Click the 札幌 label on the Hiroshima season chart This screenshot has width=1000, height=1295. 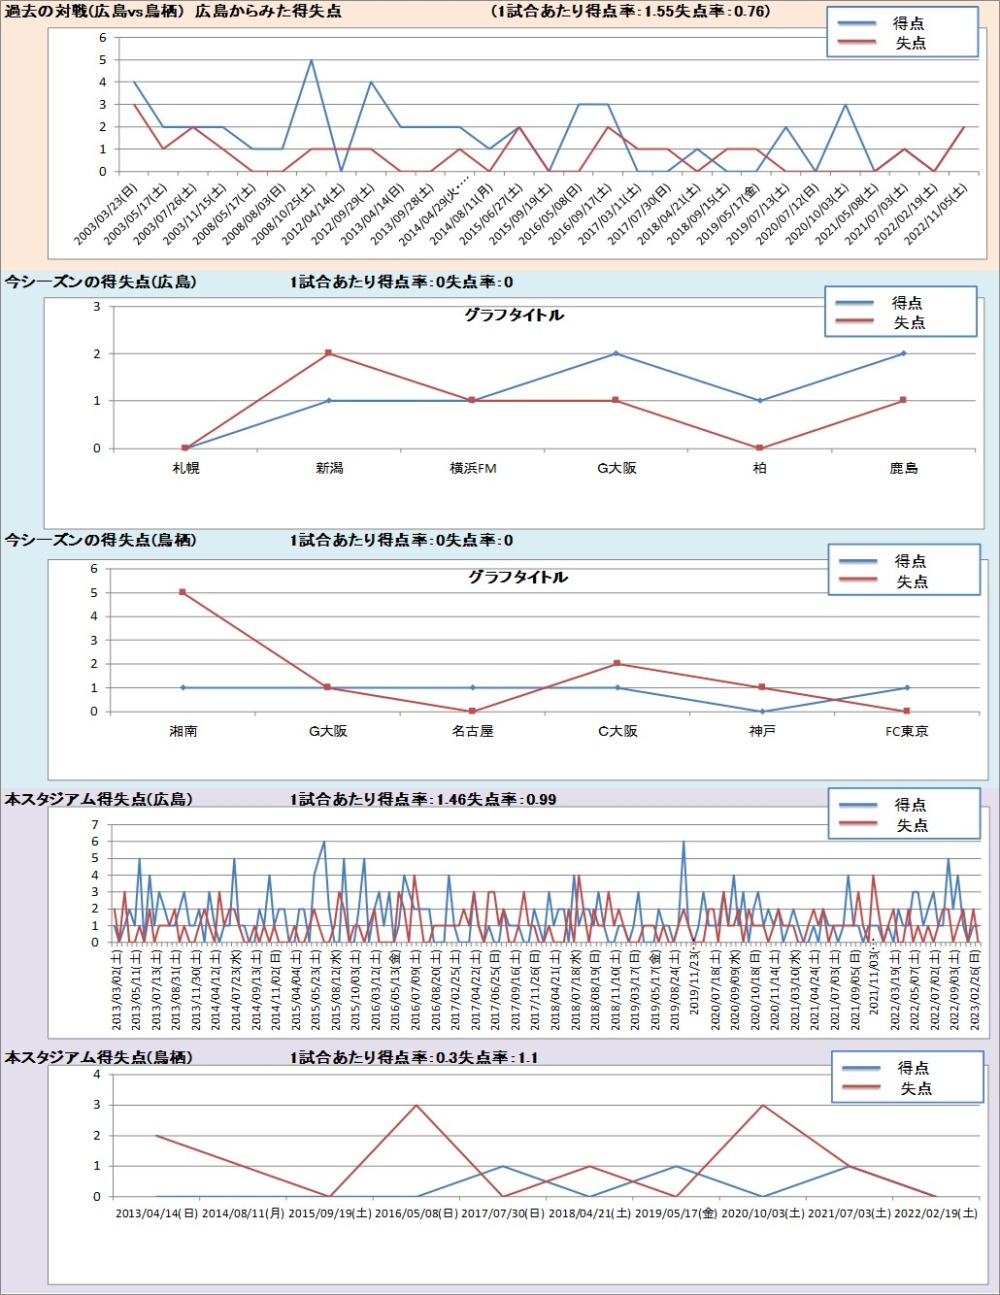(186, 468)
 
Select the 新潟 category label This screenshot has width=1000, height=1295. (329, 468)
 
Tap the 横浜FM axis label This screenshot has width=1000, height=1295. (473, 468)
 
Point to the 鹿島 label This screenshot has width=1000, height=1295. (903, 468)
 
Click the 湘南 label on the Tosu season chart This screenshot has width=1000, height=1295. (183, 731)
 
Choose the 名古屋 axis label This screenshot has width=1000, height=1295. (472, 731)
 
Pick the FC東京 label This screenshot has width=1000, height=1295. (906, 731)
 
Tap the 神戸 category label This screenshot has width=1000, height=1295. (762, 731)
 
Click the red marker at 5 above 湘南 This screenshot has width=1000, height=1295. (182, 592)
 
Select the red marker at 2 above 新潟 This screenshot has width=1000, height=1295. (328, 353)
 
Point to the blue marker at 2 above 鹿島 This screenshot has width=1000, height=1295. (903, 353)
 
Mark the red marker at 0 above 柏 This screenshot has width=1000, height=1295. (760, 448)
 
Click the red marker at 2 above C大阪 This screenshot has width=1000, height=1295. (617, 663)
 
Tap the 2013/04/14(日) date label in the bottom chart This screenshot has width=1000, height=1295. (156, 1214)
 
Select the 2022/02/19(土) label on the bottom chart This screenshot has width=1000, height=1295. (936, 1214)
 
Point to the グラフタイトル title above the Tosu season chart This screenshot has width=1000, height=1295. (517, 577)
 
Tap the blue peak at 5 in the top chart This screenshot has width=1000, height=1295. (311, 60)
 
